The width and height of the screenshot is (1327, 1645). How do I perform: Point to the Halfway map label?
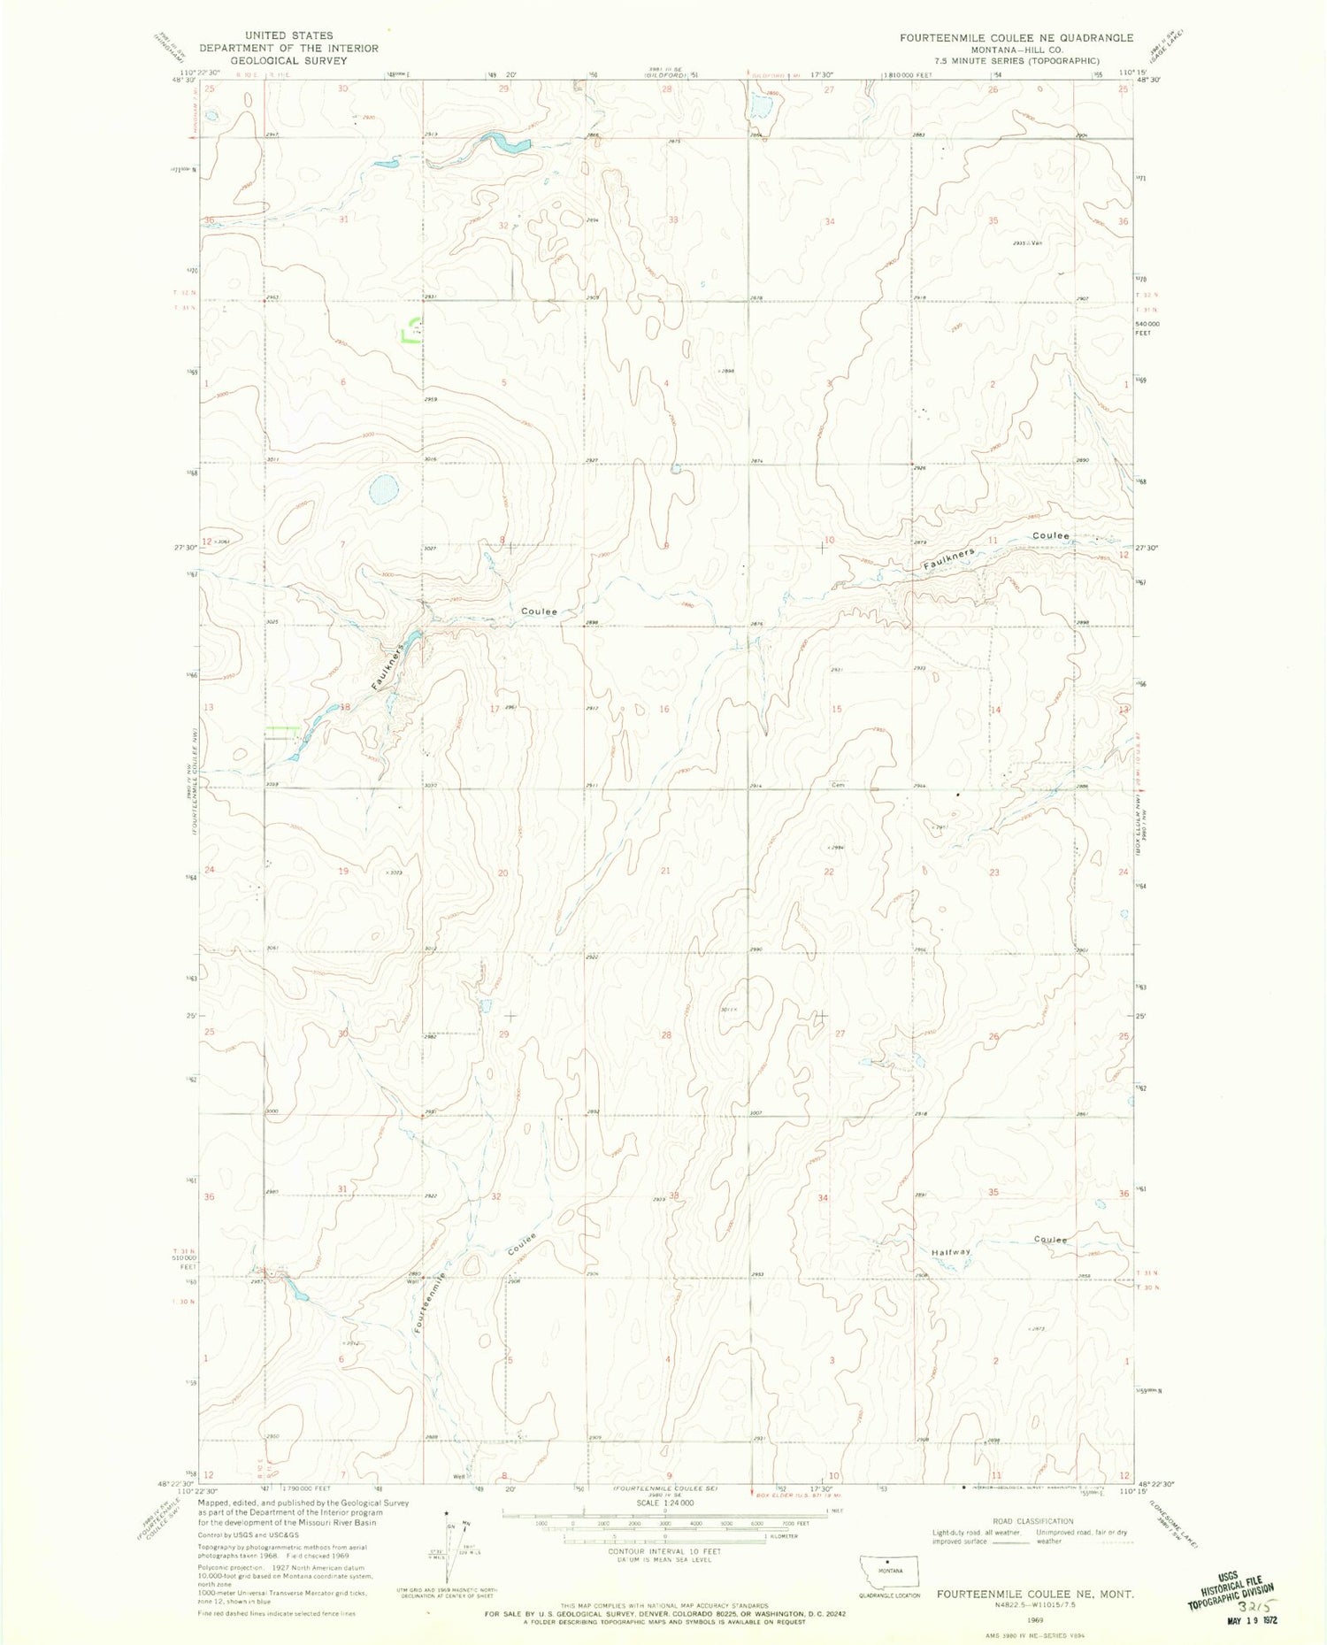(950, 1252)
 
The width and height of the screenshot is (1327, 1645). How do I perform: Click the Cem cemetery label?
(838, 784)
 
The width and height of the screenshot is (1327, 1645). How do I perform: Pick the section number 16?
(664, 710)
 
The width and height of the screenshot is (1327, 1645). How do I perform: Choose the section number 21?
(664, 871)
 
